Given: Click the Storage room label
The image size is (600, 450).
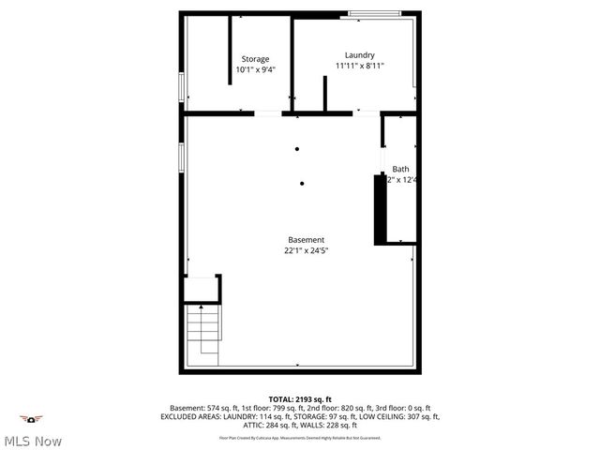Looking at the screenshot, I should (255, 58).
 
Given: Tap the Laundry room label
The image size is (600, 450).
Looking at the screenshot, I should (360, 54).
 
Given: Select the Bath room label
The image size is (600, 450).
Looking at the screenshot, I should (400, 169).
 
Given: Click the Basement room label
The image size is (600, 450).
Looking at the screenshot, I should (306, 240).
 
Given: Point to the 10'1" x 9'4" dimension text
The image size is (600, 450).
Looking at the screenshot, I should (255, 69).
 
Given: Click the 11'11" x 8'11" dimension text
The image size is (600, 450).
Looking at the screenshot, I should (360, 66).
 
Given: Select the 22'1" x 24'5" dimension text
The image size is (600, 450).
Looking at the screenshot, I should (306, 251).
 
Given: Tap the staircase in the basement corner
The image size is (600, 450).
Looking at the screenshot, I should (203, 336).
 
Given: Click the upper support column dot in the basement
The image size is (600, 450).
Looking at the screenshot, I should (297, 148).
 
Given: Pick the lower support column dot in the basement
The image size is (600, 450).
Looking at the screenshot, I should (302, 184).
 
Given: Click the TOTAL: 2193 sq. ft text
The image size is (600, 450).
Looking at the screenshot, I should (300, 399).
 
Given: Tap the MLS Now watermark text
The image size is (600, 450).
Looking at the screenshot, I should (33, 441).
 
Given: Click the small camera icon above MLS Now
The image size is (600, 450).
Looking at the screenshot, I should (32, 419).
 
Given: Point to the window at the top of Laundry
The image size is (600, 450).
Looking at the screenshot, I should (380, 13).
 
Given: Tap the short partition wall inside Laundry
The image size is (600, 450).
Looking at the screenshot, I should (324, 95).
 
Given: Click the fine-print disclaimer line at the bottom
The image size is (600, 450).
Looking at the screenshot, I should (300, 437).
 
